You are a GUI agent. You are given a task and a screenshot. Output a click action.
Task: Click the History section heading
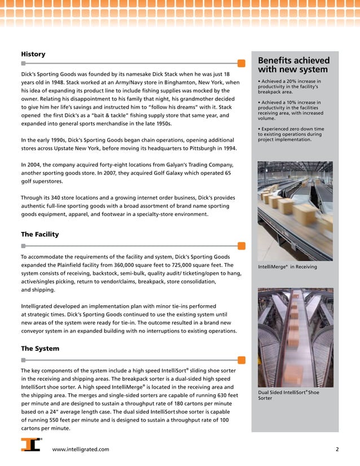pos(33,54)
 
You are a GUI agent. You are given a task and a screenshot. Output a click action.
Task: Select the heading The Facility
pos(39,234)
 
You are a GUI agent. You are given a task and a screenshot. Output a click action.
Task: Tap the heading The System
pos(39,348)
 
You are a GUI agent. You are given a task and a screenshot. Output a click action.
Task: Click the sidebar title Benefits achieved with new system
pos(293,65)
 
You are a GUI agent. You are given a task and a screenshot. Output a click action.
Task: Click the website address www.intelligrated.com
pos(81,449)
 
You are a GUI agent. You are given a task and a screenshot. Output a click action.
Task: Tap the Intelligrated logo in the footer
pos(31,445)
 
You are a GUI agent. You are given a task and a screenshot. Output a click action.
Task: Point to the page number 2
pos(337,449)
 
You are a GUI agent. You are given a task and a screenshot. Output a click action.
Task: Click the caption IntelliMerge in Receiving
pos(287,267)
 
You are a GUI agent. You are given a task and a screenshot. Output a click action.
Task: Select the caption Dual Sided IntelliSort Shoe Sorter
pos(288,395)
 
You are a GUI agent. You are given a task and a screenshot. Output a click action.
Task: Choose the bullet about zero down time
pos(291,134)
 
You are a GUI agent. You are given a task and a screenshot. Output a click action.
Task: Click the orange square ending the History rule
pos(241,64)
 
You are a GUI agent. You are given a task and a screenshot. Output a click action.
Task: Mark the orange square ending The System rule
pos(241,359)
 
